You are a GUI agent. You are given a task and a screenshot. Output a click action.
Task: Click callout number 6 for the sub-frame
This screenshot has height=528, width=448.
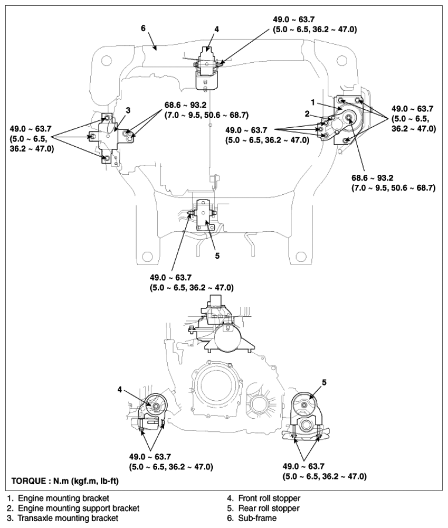click(142, 27)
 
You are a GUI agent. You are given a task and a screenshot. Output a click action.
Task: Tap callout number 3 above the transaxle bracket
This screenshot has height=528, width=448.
click(128, 110)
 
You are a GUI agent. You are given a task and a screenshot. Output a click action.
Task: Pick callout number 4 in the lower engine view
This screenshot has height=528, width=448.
click(120, 388)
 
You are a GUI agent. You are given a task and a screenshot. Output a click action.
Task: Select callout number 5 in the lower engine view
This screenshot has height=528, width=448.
click(324, 382)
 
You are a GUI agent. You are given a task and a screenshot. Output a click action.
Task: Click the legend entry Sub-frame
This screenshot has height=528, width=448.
click(256, 518)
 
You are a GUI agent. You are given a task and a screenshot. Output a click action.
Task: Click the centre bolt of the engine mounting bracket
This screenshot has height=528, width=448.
click(349, 119)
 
